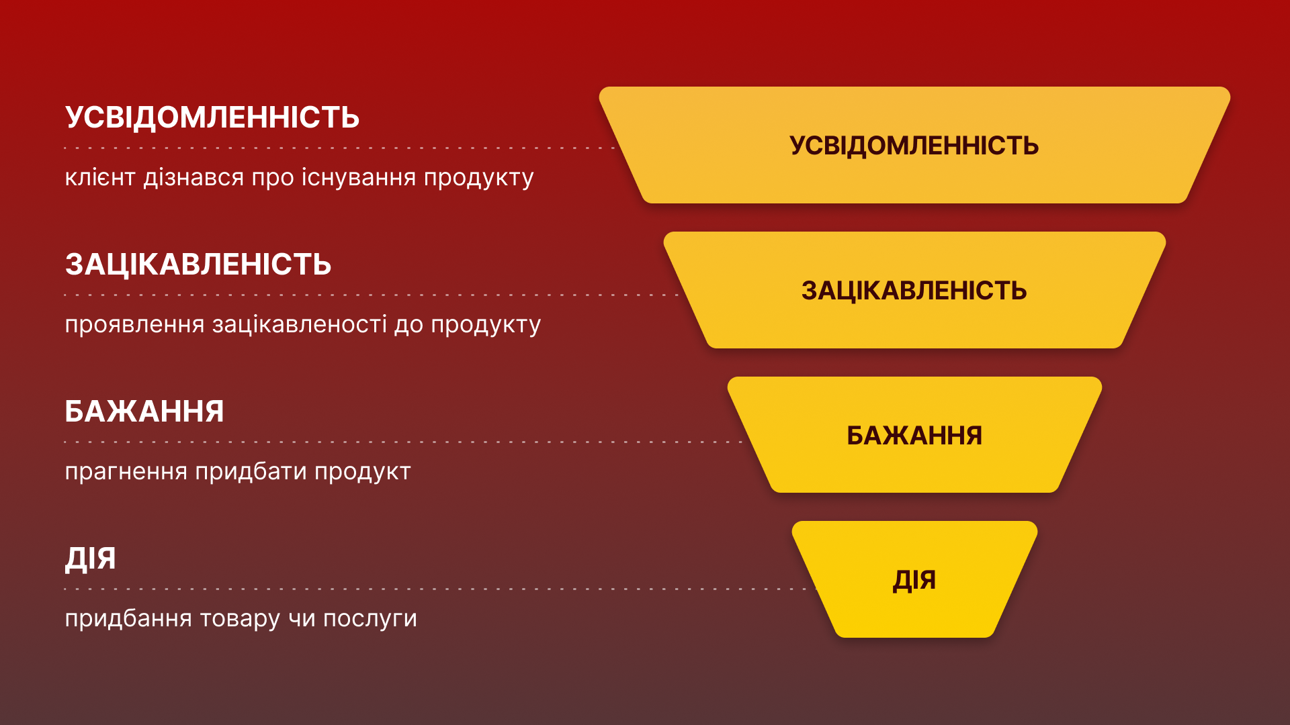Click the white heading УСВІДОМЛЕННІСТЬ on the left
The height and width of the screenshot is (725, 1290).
click(x=212, y=117)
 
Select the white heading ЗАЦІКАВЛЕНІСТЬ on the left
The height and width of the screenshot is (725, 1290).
click(x=198, y=264)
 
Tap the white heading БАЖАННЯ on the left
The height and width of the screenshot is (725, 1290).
click(x=144, y=412)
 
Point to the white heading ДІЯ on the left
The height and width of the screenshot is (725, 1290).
click(x=91, y=559)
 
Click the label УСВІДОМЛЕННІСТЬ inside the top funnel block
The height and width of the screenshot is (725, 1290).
click(x=914, y=146)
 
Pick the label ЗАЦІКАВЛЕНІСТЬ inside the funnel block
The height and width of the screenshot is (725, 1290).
click(x=914, y=291)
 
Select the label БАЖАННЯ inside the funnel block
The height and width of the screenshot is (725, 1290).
click(x=914, y=436)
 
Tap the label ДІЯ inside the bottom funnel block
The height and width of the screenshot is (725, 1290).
click(x=914, y=580)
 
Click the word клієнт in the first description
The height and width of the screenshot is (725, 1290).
click(x=100, y=178)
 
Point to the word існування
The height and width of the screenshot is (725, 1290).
click(x=358, y=178)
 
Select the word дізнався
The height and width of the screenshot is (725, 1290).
click(x=193, y=178)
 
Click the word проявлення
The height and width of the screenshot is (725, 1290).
click(x=134, y=325)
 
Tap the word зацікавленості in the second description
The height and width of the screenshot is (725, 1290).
click(x=300, y=325)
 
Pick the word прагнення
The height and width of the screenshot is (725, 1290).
click(x=126, y=472)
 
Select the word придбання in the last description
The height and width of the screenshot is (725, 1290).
click(x=128, y=619)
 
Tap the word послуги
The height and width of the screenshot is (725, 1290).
click(x=370, y=619)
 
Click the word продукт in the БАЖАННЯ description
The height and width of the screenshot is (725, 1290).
click(x=362, y=472)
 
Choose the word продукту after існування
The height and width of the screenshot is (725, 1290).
click(x=478, y=178)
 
